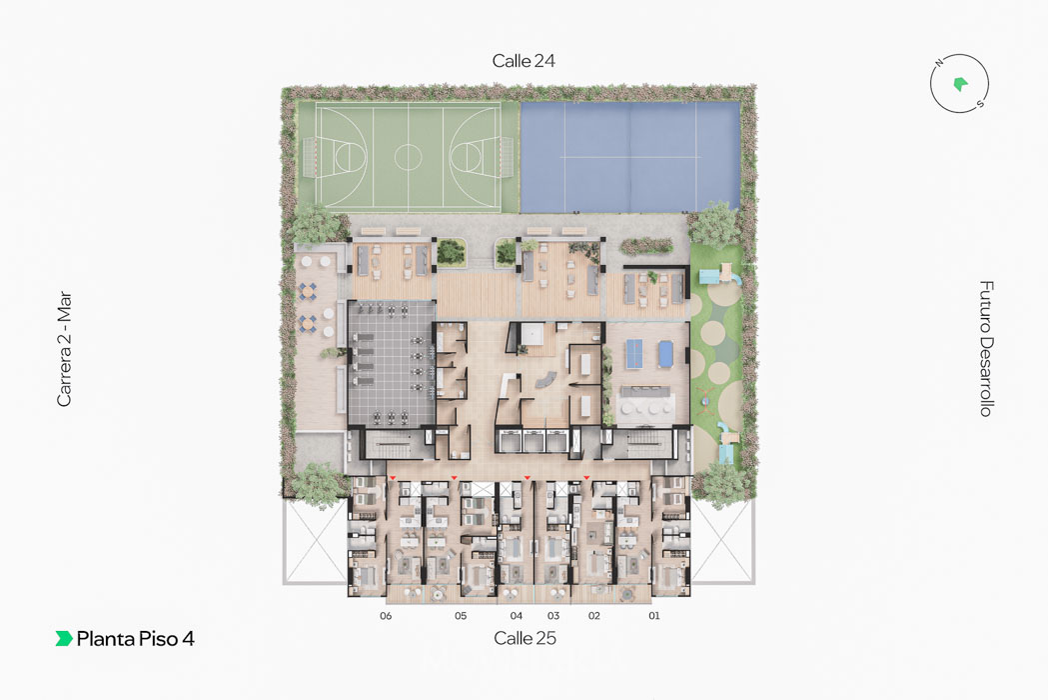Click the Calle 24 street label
[x=524, y=61]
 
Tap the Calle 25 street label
[x=524, y=638]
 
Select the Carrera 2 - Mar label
[x=64, y=349]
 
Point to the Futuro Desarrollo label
[x=986, y=348]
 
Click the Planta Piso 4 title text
[x=135, y=639]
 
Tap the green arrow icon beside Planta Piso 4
[x=64, y=638]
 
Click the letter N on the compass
[x=939, y=64]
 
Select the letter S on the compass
[x=980, y=104]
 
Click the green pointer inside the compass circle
[x=960, y=84]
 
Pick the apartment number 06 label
[x=386, y=616]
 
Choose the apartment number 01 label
[x=653, y=616]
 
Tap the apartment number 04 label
[x=516, y=616]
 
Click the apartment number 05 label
[x=461, y=616]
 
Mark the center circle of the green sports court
[x=408, y=157]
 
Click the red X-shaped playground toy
[x=705, y=397]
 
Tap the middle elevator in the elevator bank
[x=534, y=440]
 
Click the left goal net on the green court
[x=308, y=157]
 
